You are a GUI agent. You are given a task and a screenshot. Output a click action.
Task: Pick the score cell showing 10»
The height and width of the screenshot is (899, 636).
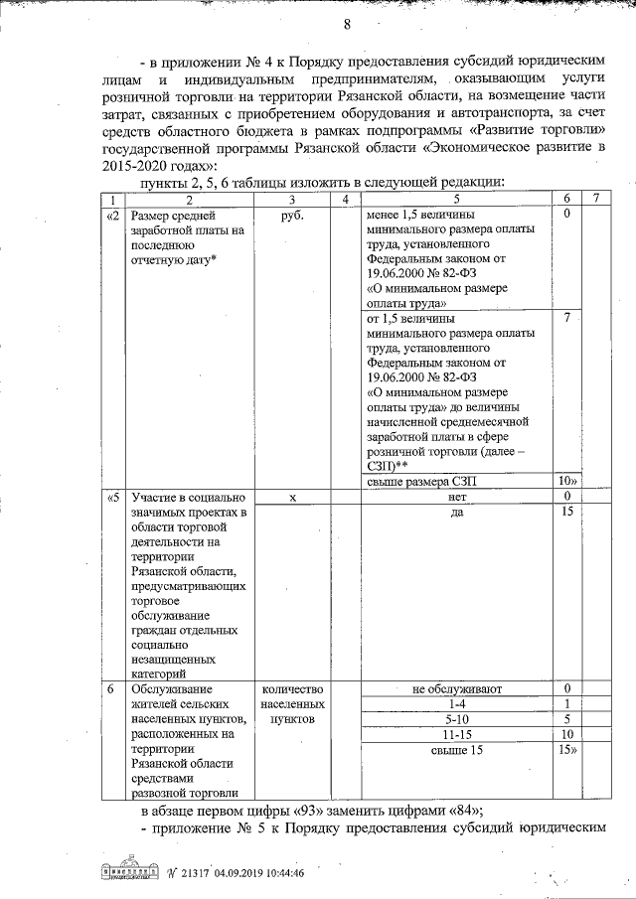(566, 482)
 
